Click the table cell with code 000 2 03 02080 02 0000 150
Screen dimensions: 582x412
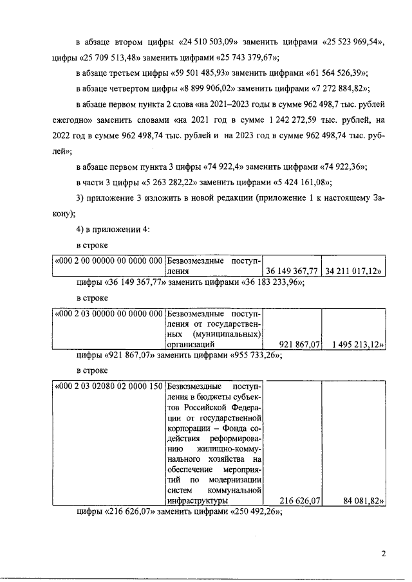(x=108, y=386)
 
